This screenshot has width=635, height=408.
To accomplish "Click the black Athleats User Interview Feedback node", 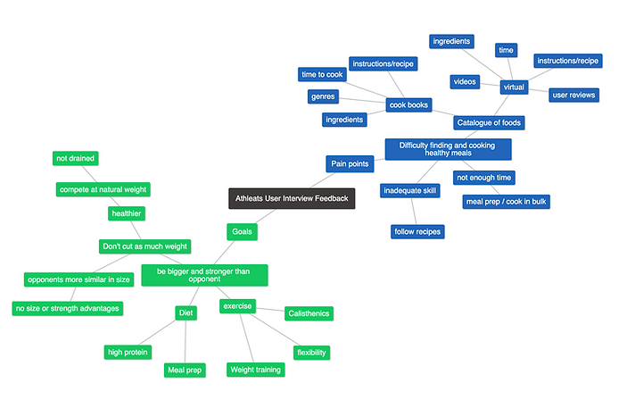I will click(x=291, y=198).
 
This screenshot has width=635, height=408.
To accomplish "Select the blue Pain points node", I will click(x=350, y=163).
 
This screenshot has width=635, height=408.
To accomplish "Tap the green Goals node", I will click(x=242, y=231).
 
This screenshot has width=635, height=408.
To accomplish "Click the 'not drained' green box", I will click(x=75, y=158).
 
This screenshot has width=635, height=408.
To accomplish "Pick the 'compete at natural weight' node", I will click(x=103, y=189).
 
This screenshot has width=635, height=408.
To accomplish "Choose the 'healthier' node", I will click(x=126, y=213).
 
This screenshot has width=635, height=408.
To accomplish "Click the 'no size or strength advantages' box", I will click(x=67, y=308).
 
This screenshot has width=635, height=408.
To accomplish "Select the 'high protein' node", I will click(x=128, y=352).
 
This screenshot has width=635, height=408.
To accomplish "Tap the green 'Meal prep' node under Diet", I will click(x=185, y=370).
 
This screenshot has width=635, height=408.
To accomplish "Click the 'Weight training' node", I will click(x=255, y=370).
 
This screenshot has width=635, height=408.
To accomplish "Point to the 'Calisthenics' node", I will click(x=309, y=313).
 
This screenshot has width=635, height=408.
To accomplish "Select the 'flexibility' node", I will click(x=311, y=353).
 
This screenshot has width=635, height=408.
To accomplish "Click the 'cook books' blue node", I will click(x=408, y=104).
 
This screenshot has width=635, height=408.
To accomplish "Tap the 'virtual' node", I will click(x=514, y=87).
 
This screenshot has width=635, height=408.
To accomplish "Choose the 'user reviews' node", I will click(x=573, y=95).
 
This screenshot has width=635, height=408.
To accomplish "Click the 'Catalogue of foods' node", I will click(x=489, y=122).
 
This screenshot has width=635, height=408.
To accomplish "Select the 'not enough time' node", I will click(x=484, y=178).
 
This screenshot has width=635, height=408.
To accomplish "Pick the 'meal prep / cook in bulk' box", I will click(x=506, y=201).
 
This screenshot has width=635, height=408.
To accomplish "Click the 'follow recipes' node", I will click(x=417, y=232).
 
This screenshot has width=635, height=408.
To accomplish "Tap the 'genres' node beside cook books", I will click(x=323, y=96).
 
